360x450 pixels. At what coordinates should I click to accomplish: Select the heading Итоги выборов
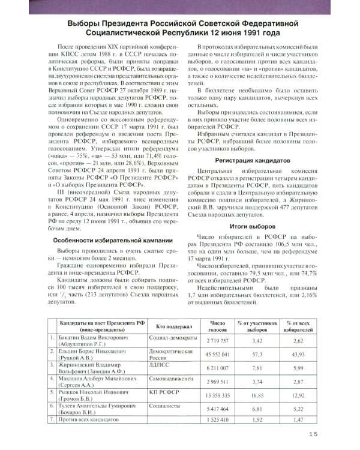point(253,226)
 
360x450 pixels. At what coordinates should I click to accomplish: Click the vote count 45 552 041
point(217,354)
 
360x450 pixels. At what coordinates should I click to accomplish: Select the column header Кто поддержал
point(173,326)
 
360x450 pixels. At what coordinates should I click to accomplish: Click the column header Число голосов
point(217,326)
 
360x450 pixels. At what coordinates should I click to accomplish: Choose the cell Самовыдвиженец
point(171,380)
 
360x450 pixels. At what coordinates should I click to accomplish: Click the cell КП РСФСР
point(163,392)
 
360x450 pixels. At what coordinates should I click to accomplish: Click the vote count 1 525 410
point(217,419)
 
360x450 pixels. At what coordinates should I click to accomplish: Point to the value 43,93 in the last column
point(297,354)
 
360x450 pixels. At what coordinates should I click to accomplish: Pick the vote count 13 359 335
point(217,395)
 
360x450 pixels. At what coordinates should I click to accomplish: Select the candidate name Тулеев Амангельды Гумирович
point(101,405)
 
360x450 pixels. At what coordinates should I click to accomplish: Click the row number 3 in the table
point(53,364)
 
